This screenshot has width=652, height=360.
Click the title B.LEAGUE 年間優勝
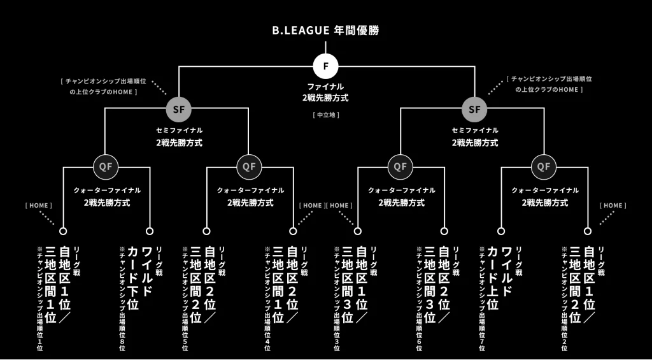click(x=325, y=30)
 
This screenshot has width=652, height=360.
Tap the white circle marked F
click(x=325, y=66)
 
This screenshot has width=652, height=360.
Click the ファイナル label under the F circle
click(x=325, y=86)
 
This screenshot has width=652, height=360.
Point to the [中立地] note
click(x=325, y=115)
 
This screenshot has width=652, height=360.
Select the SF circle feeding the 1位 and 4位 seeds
click(x=178, y=109)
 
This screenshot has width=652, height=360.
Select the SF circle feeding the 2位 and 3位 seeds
click(x=474, y=109)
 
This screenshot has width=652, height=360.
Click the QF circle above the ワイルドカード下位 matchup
click(x=106, y=167)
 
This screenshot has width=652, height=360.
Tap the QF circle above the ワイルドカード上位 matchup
click(x=543, y=167)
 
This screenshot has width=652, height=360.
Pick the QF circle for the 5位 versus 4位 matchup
click(x=250, y=167)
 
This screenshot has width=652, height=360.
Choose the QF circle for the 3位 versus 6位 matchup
click(x=399, y=167)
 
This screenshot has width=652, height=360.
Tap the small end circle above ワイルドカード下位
click(x=150, y=231)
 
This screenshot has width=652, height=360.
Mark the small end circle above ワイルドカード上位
click(x=500, y=231)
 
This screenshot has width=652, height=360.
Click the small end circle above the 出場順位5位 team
click(x=206, y=231)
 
